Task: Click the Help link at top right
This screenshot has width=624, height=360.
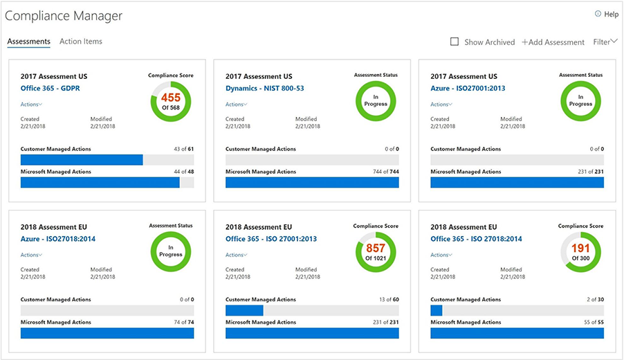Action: click(x=607, y=14)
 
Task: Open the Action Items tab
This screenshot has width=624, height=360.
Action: click(x=81, y=42)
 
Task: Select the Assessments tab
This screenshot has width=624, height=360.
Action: click(x=28, y=42)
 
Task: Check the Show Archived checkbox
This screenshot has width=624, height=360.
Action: click(x=455, y=42)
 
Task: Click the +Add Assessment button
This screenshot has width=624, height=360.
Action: click(x=553, y=42)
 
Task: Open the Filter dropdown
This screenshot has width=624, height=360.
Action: click(x=605, y=42)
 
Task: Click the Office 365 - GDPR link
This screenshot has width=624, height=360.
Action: click(x=51, y=89)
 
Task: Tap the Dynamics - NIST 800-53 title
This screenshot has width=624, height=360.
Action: click(x=264, y=89)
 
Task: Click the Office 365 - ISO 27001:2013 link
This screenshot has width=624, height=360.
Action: click(x=271, y=239)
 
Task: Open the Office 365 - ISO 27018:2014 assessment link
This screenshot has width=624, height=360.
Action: click(x=476, y=239)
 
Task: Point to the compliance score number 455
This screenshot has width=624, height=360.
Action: click(x=172, y=98)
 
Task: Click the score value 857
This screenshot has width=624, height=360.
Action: click(x=376, y=248)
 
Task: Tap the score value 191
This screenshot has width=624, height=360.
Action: click(x=581, y=248)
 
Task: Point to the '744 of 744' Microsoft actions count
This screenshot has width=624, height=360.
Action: click(x=385, y=172)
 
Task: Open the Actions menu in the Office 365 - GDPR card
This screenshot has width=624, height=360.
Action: click(x=31, y=105)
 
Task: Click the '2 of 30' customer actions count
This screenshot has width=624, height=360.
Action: click(x=594, y=300)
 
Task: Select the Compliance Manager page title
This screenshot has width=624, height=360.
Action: click(x=65, y=15)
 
